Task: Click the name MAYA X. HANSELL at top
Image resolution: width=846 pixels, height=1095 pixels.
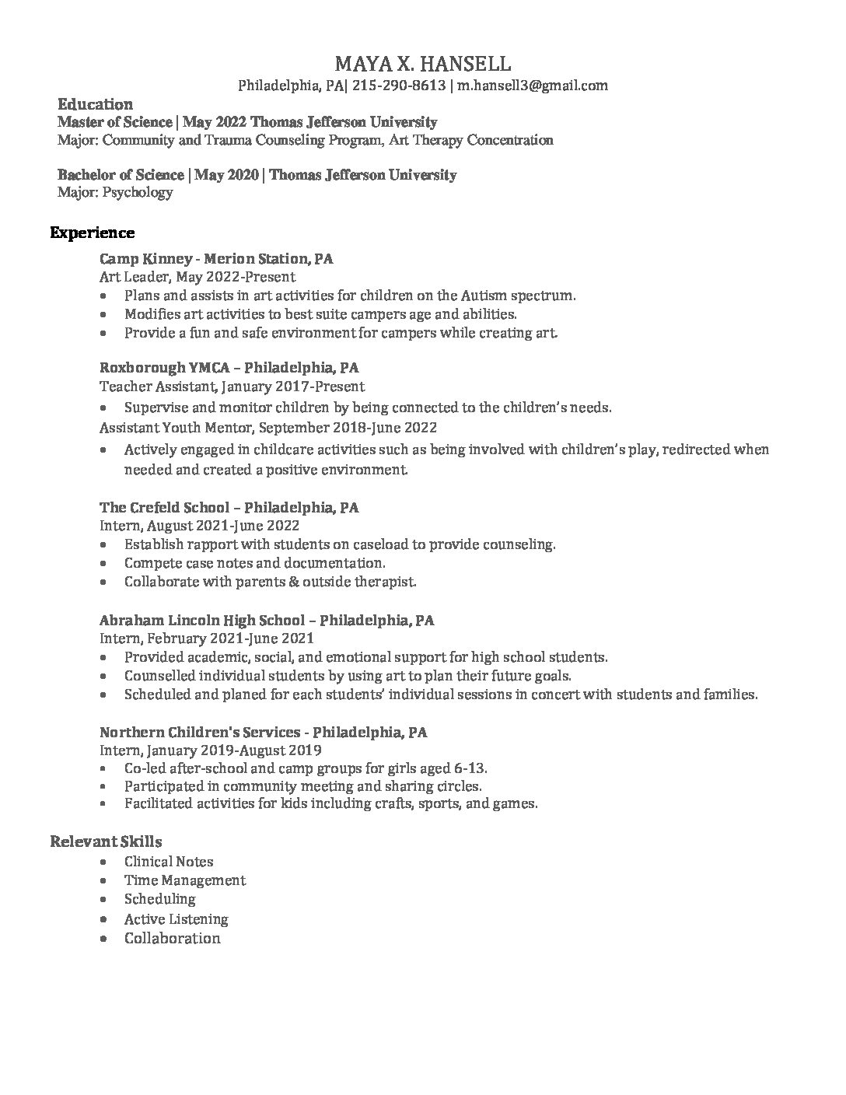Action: (423, 63)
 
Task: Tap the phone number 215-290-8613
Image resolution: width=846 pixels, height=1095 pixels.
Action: (399, 86)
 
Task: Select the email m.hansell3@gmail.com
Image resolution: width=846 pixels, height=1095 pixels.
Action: (532, 86)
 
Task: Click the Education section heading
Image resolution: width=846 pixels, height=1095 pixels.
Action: (95, 104)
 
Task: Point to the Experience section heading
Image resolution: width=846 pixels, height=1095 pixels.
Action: (93, 233)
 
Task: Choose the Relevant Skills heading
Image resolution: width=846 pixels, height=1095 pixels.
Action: (106, 841)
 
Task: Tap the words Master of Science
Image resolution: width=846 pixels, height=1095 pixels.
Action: (115, 122)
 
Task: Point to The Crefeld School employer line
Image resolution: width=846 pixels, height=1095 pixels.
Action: (229, 508)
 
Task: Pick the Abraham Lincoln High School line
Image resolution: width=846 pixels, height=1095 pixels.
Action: (267, 620)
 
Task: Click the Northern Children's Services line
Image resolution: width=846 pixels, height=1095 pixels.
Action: (263, 732)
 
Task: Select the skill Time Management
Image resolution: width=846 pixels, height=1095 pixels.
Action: (184, 880)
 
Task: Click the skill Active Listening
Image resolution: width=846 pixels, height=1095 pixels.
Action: (176, 918)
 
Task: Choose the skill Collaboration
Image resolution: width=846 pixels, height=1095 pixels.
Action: (172, 938)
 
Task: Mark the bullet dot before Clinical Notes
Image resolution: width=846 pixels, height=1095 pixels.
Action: (105, 862)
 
